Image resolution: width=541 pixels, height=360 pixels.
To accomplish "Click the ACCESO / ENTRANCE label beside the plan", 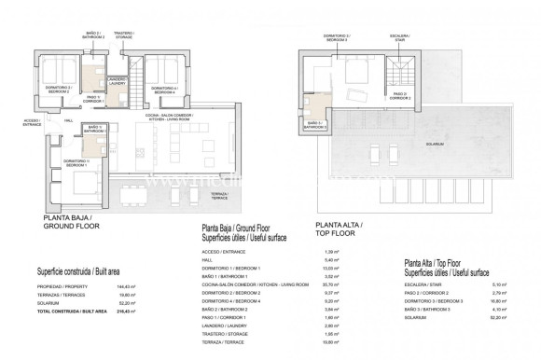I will [x=31, y=122].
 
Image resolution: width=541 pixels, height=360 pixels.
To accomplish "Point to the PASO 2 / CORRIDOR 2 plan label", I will [x=398, y=94].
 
